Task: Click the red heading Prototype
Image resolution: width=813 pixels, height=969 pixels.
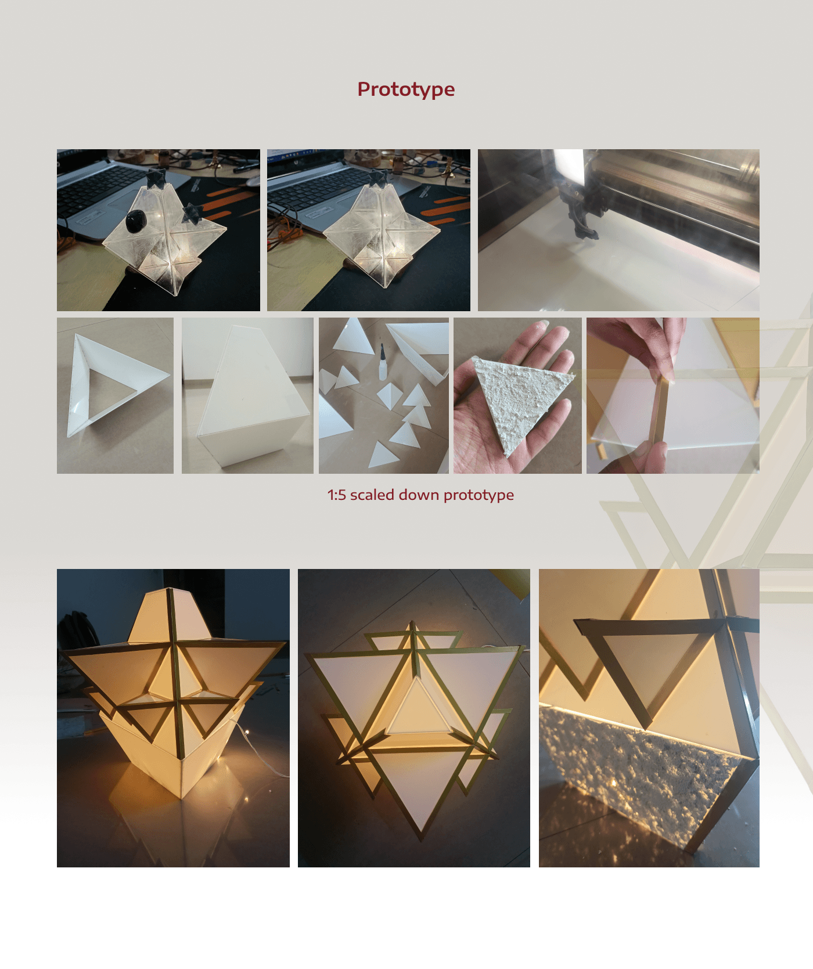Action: [x=406, y=89]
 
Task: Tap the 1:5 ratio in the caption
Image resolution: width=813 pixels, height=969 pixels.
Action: [x=336, y=495]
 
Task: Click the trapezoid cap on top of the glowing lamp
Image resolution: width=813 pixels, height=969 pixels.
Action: [x=168, y=615]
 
